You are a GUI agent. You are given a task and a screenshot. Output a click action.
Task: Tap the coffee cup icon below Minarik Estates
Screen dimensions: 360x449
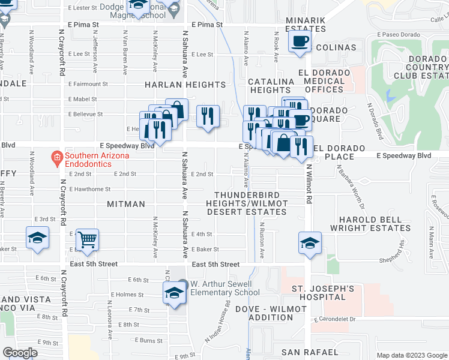click(299, 42)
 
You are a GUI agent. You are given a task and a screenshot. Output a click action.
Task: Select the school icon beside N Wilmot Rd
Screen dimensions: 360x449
click(310, 243)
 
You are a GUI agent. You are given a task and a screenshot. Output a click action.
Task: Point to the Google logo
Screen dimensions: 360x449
click(20, 352)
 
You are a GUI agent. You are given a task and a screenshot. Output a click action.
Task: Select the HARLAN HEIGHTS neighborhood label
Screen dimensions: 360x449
click(184, 85)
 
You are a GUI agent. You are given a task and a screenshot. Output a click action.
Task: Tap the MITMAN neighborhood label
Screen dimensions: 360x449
click(125, 204)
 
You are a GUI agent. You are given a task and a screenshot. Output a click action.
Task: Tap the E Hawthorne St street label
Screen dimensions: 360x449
click(90, 188)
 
